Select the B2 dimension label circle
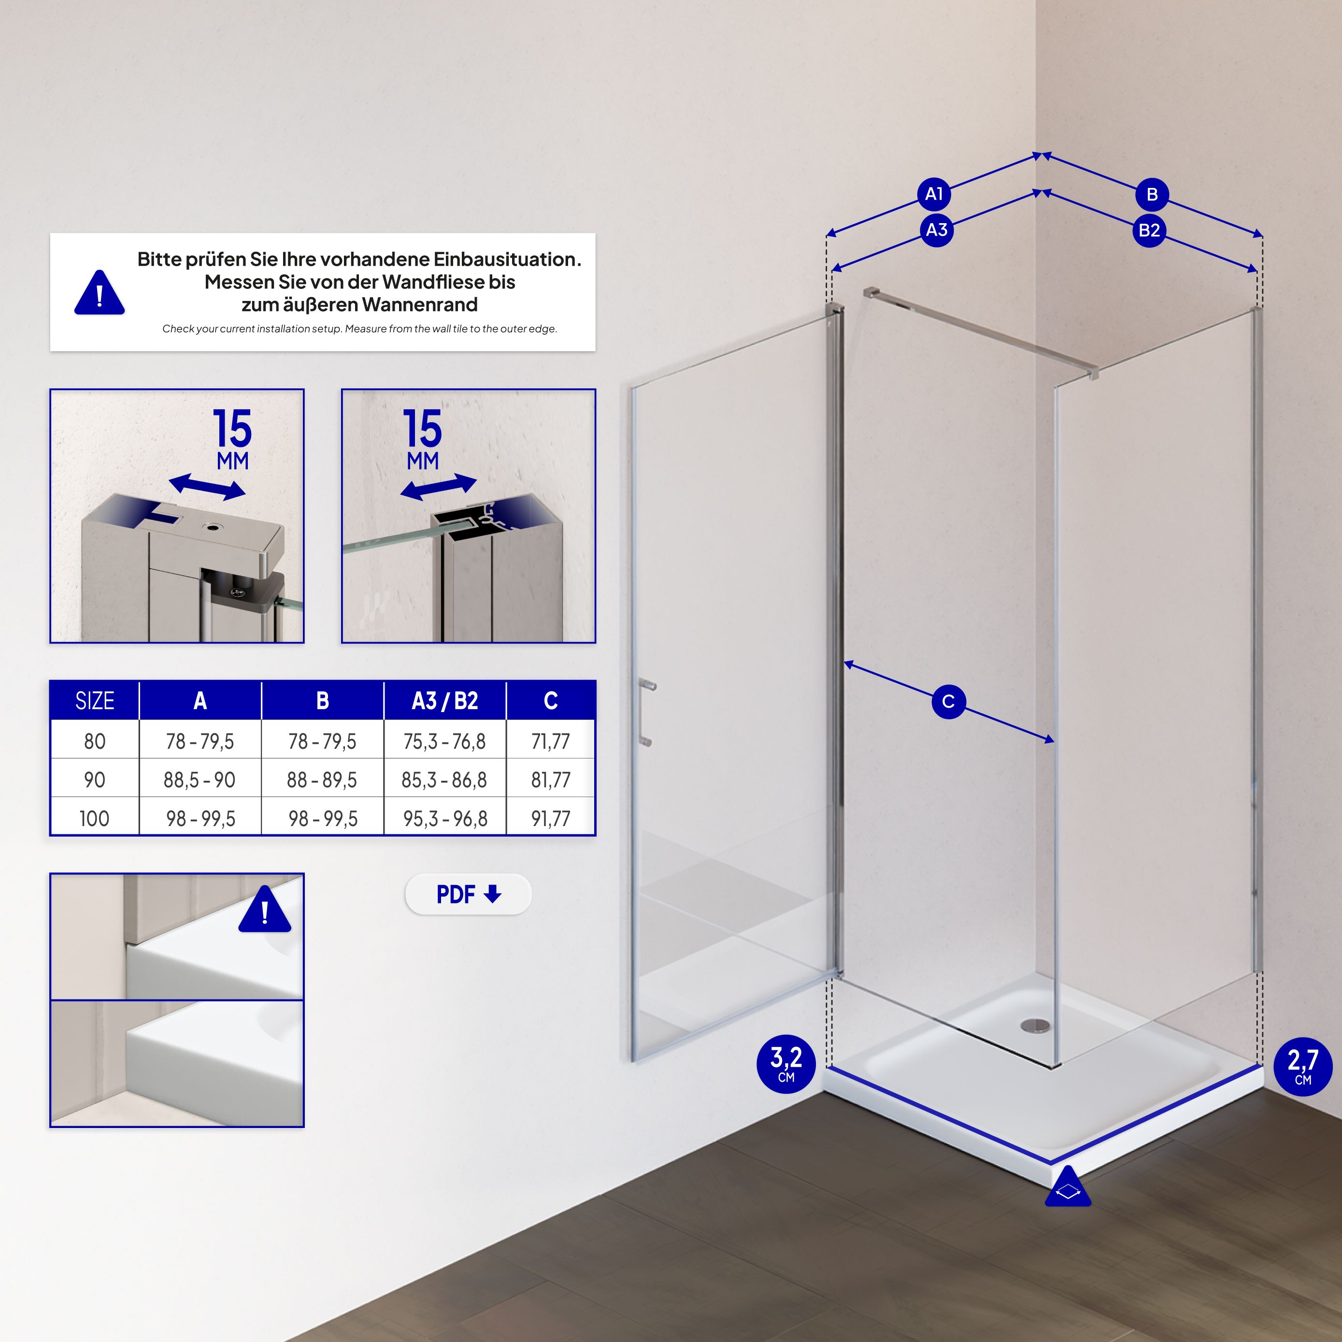[1150, 230]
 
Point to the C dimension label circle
[948, 701]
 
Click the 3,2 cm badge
[786, 1064]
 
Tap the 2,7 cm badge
[1302, 1066]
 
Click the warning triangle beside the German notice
[100, 292]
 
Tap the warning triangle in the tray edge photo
[265, 909]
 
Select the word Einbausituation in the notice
[507, 259]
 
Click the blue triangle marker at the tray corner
[1068, 1187]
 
